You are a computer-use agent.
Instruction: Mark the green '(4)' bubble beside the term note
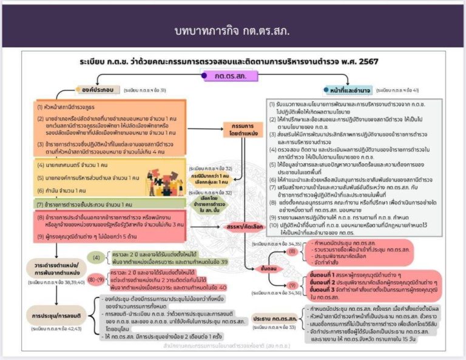(98, 257)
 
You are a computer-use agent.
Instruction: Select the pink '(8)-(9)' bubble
(95, 280)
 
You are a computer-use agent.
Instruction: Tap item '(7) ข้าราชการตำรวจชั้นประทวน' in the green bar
(91, 205)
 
